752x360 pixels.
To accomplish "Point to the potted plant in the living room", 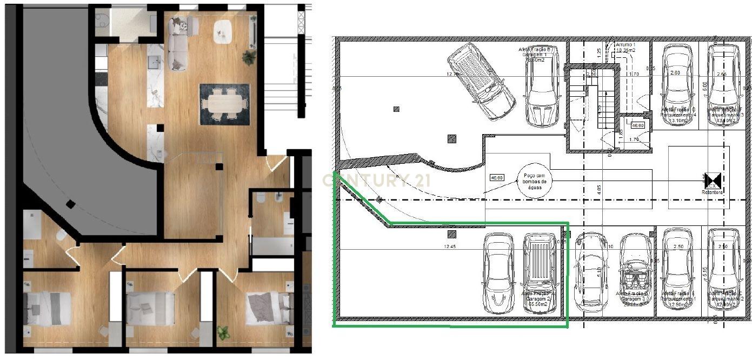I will (x=249, y=56).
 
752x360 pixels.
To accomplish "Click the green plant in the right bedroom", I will (x=223, y=332).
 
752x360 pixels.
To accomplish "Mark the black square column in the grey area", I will (x=70, y=204).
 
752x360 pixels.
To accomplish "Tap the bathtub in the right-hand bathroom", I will (x=272, y=246).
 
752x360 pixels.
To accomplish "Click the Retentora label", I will (x=712, y=192).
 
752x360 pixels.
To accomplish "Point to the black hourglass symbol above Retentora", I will (x=713, y=181).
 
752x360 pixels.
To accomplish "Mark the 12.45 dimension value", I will (x=450, y=247).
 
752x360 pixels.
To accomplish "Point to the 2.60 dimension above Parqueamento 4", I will (x=675, y=72).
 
